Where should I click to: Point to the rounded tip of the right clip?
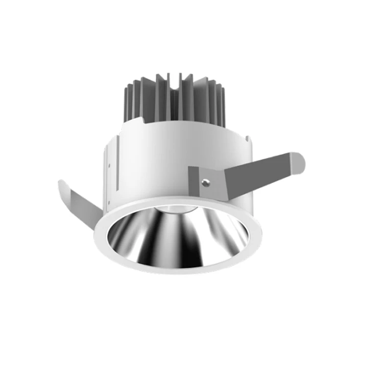pos(299,161)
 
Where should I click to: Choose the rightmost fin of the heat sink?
pos(223,105)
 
